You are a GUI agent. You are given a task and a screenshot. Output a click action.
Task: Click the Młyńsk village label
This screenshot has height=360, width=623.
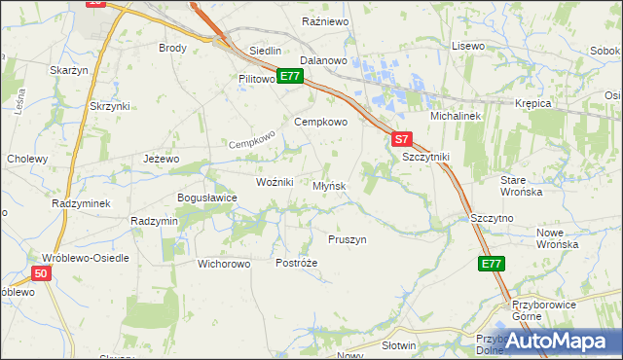point(330,186)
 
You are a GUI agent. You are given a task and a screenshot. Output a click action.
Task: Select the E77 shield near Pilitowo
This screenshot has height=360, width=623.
point(288,76)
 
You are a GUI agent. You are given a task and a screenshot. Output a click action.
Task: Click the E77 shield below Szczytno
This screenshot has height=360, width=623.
point(492,264)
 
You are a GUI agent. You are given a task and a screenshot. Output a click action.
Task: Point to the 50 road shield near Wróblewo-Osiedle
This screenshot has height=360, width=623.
point(40,275)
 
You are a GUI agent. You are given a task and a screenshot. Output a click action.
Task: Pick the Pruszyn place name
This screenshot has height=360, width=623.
point(348,239)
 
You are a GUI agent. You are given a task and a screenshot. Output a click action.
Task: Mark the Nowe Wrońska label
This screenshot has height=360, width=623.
point(558,238)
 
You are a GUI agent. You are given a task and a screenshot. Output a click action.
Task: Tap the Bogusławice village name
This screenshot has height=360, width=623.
point(206,198)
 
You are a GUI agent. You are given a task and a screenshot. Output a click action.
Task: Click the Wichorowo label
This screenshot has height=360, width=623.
point(224,264)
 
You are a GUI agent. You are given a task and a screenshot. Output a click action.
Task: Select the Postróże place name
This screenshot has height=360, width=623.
point(297,264)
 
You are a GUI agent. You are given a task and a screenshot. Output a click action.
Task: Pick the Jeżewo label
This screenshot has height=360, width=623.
point(162,159)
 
